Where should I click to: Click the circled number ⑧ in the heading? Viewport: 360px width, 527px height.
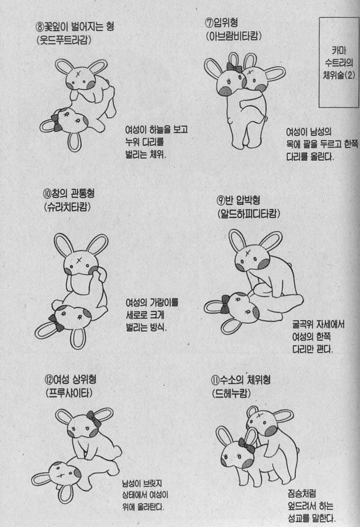pos(42,25)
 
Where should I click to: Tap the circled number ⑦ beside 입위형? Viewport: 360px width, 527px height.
pos(209,23)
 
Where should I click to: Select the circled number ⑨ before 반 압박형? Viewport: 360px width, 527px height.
pos(220,201)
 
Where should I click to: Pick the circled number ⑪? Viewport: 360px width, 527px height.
pos(215,380)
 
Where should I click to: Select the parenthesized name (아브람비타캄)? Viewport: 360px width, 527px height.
pos(234,36)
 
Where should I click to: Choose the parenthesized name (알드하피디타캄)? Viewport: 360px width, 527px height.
pos(249,214)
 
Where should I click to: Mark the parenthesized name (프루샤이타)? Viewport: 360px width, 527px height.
pos(69,393)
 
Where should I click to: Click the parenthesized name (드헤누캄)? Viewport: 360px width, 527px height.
pos(232,393)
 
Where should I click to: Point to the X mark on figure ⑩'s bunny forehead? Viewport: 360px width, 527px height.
pos(79,259)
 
